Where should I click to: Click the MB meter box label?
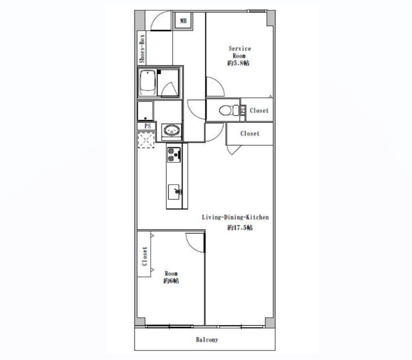[183, 20]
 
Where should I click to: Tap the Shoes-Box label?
[142, 49]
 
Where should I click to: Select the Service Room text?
[239, 52]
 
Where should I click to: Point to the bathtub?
[147, 83]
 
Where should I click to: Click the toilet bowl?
[226, 110]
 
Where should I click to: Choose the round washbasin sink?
[172, 130]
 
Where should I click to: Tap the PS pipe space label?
[148, 126]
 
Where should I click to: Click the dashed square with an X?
[146, 140]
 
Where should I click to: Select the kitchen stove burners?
[174, 155]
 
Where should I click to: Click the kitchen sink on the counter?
[174, 192]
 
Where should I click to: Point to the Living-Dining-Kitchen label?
[235, 218]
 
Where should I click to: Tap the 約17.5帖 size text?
[240, 227]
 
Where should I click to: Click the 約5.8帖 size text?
[238, 63]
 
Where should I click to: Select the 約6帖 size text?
[171, 281]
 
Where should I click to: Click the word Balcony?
[207, 340]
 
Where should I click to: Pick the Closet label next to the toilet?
[259, 110]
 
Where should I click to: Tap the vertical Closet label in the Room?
[145, 256]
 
